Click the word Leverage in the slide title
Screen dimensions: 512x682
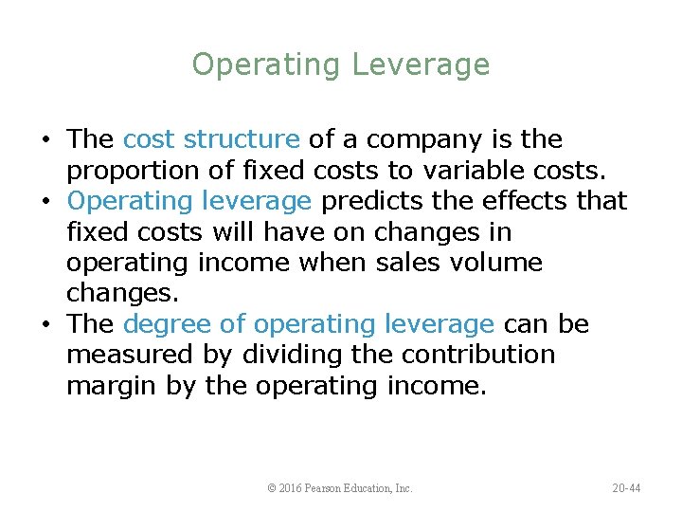coord(421,65)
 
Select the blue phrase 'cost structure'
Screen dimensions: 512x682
coord(211,139)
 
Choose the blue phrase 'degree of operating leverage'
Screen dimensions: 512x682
coord(309,324)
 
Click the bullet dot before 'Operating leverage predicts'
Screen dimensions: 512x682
coord(47,202)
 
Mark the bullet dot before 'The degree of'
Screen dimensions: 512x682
coord(47,325)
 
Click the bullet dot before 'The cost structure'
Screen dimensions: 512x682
coord(47,140)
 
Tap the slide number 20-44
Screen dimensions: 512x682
coord(626,488)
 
